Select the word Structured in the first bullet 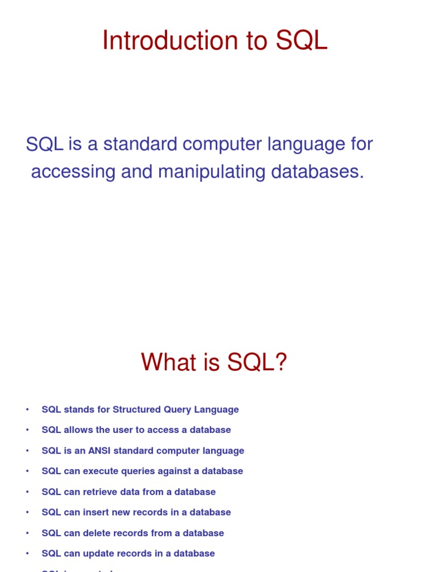(x=136, y=409)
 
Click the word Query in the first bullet (x=178, y=409)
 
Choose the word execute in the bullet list (x=101, y=471)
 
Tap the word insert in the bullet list (x=96, y=512)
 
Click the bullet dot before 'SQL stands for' (x=27, y=410)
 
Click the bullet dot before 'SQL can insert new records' (x=27, y=513)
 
